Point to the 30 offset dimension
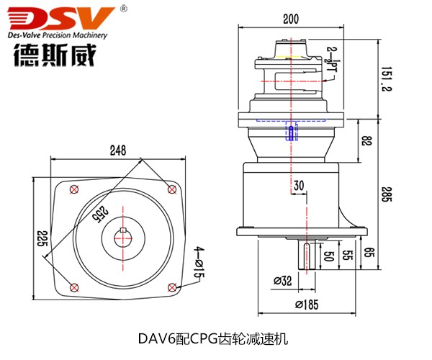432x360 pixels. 300,185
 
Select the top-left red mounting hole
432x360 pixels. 73,189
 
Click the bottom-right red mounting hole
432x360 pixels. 171,287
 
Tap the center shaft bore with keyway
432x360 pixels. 122,238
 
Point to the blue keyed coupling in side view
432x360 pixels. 291,132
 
